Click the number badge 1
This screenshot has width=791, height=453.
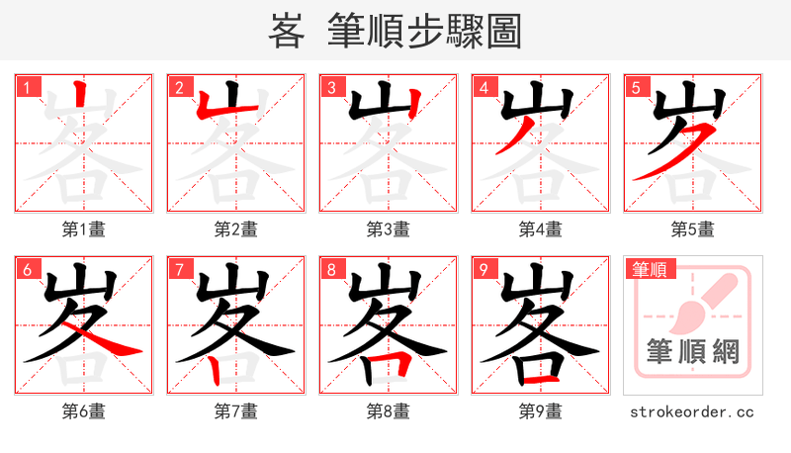(x=27, y=87)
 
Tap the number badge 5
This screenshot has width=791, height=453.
(x=636, y=87)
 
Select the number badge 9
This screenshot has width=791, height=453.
(x=483, y=269)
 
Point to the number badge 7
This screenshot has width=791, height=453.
(x=179, y=269)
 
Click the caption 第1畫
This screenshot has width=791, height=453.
(x=84, y=229)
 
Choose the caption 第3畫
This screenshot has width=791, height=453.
(x=389, y=229)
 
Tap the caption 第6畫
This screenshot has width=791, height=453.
(x=84, y=411)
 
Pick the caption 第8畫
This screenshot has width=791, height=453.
(x=389, y=411)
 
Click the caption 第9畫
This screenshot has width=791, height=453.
(x=541, y=411)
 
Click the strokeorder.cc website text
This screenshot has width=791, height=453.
(x=692, y=411)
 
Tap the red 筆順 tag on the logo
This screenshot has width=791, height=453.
(x=649, y=268)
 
